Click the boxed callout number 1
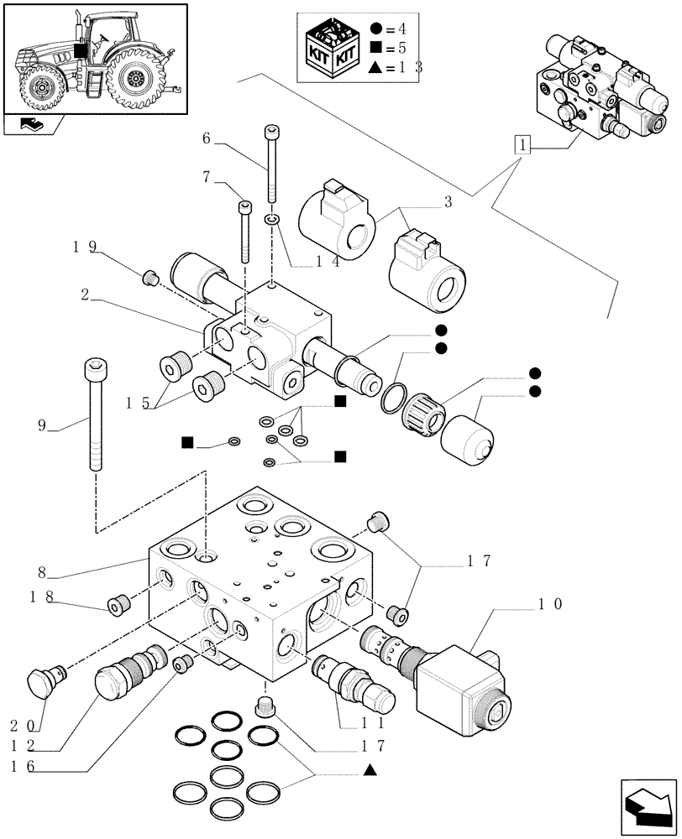pyautogui.click(x=524, y=147)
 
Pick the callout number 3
pyautogui.click(x=448, y=201)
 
